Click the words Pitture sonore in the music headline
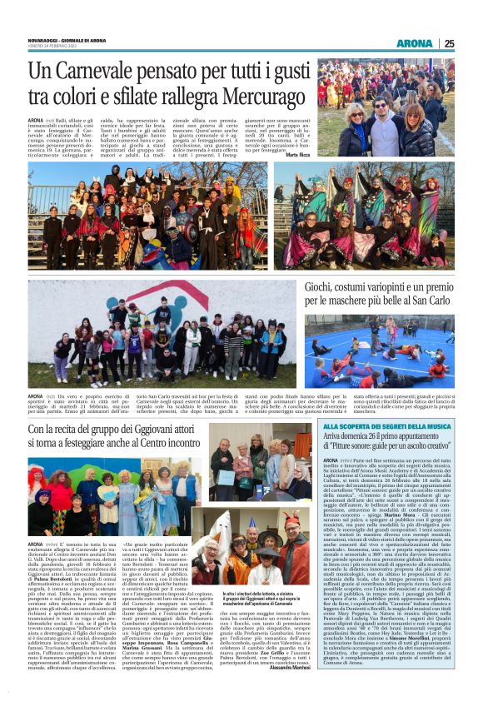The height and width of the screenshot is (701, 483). pos(351,448)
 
